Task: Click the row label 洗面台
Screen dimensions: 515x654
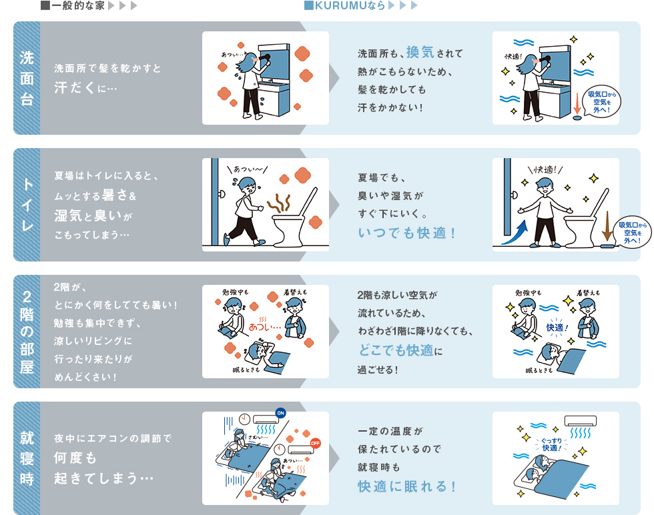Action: [x=27, y=78]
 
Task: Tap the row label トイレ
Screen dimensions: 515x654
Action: [x=27, y=205]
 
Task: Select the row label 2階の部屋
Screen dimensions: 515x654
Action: [x=27, y=332]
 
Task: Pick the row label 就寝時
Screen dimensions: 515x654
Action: [x=27, y=458]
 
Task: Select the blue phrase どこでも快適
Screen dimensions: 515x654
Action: [x=395, y=350]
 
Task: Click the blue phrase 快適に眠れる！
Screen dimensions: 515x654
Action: [x=407, y=486]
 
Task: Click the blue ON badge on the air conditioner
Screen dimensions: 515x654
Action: [x=280, y=412]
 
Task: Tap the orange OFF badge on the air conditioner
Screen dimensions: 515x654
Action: [x=316, y=442]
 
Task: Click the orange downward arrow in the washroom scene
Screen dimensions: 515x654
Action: [x=577, y=103]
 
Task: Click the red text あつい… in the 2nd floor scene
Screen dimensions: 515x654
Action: [x=265, y=328]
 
